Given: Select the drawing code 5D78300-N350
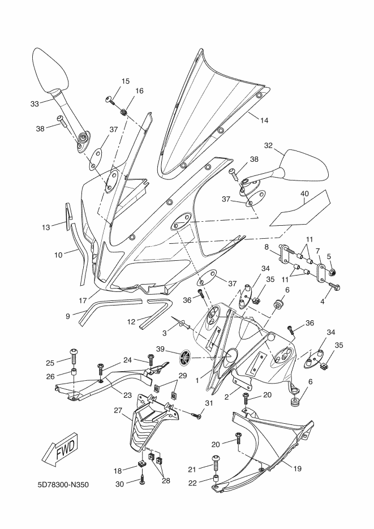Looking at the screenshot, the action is pyautogui.click(x=63, y=485).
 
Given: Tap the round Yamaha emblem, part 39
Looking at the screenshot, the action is pyautogui.click(x=186, y=357).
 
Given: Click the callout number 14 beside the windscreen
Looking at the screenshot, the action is pyautogui.click(x=264, y=120).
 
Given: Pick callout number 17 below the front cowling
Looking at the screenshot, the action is pyautogui.click(x=83, y=300).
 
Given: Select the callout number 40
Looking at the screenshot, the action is pyautogui.click(x=304, y=193).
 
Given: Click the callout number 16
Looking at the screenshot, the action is pyautogui.click(x=139, y=91).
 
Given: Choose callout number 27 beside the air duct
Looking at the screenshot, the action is pyautogui.click(x=118, y=411).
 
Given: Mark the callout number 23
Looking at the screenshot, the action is pyautogui.click(x=127, y=395).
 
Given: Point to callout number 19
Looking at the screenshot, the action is pyautogui.click(x=297, y=468).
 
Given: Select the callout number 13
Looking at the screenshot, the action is pyautogui.click(x=46, y=227).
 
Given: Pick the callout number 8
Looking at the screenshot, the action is pyautogui.click(x=266, y=247).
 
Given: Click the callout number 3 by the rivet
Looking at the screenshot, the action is pyautogui.click(x=165, y=333).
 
